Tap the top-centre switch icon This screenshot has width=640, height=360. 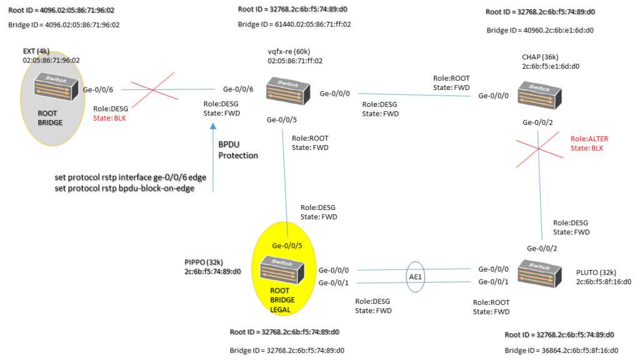point(287,91)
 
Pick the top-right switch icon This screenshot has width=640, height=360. point(539,95)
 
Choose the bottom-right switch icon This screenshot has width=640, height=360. point(539,274)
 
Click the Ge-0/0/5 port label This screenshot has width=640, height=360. point(287,246)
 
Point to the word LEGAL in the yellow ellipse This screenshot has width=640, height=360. point(280,309)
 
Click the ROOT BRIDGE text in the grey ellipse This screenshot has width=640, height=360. point(50,118)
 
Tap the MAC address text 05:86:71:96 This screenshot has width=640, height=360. point(52,61)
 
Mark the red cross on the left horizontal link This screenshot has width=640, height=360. point(152,90)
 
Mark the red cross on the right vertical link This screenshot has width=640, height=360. point(539,149)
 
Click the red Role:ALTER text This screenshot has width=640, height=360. point(589,139)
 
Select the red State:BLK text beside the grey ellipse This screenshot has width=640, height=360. point(109,117)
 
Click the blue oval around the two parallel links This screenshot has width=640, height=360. point(416,276)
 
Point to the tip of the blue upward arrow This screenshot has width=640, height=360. point(213,123)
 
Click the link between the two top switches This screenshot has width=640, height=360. point(414,95)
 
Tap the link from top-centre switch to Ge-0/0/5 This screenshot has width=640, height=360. point(285,175)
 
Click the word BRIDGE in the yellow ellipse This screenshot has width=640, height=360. point(282,300)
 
